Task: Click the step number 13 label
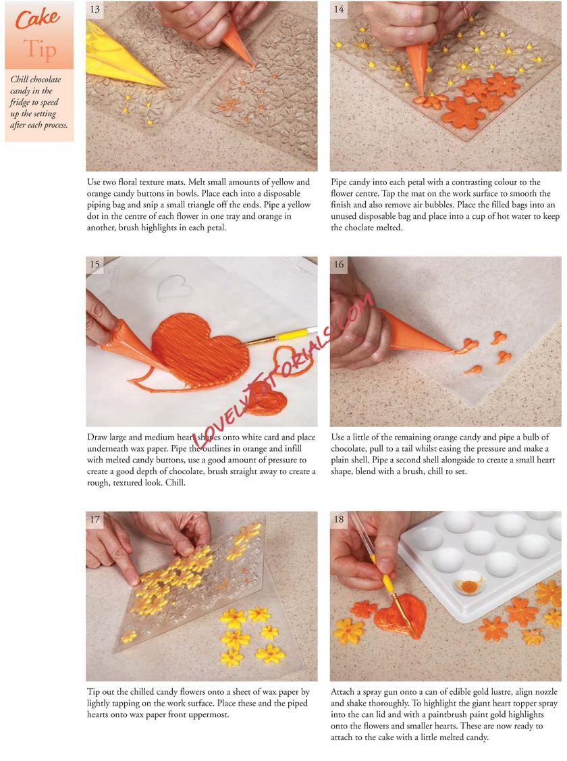point(95,9)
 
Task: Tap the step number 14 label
point(339,9)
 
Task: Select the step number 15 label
point(95,264)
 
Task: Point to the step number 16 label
point(339,264)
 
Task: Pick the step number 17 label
point(95,519)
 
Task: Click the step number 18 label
point(339,519)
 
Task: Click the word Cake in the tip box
point(37,18)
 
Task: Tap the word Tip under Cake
point(40,49)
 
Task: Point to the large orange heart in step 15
point(199,350)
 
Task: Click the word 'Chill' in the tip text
point(20,80)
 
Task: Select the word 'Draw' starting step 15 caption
point(97,438)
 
